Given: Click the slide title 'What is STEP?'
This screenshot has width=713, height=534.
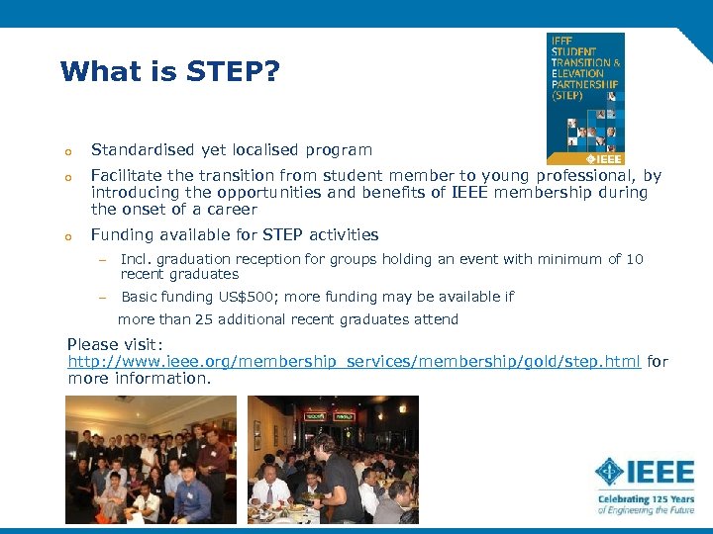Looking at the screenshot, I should (169, 72).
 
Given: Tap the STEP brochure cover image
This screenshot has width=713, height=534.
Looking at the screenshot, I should (586, 98).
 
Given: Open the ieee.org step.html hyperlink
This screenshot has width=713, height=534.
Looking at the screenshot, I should (355, 362).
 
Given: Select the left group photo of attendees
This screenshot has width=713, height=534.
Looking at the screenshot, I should (151, 459).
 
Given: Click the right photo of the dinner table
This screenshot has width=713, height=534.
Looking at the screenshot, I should (333, 459).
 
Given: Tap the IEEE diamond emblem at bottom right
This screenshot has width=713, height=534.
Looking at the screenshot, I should (610, 472).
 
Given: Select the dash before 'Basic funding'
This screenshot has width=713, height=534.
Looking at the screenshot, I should (101, 298).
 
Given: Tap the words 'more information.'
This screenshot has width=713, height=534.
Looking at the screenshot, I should (140, 379).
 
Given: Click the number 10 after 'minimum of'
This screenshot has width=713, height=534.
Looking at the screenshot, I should (635, 259).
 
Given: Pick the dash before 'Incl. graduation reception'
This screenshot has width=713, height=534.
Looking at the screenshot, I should (101, 260).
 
